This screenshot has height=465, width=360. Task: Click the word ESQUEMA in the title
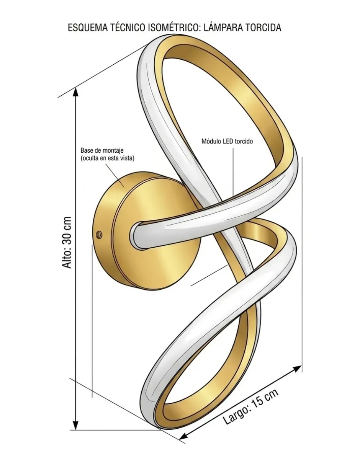87,28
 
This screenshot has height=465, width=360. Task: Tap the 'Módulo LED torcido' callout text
227,142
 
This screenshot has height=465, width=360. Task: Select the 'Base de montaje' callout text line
102,150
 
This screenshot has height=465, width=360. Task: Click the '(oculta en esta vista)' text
107,158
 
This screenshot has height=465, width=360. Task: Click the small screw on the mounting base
99,235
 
